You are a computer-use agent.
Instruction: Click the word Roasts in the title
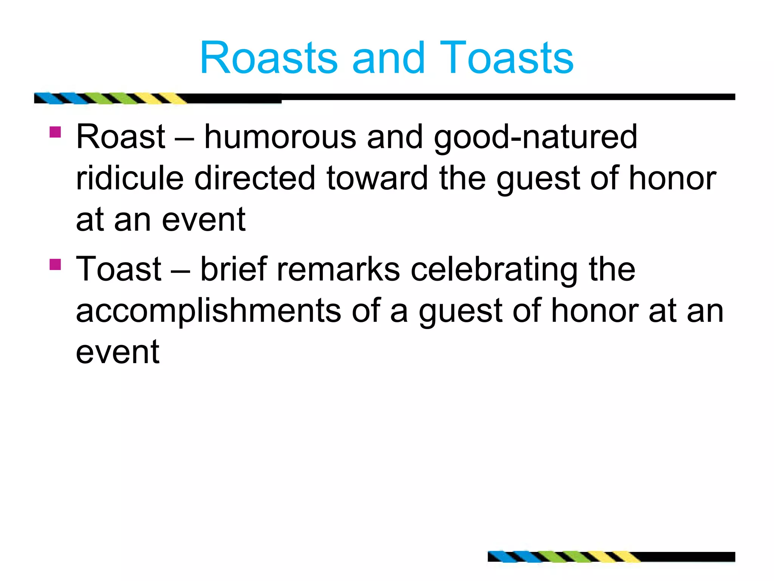pos(268,59)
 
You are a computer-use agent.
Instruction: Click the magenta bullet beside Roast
pos(55,132)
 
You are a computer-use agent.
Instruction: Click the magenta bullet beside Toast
pos(55,264)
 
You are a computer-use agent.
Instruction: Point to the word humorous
pos(280,137)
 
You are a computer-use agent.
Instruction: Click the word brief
pos(234,269)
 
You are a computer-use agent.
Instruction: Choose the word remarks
pos(338,269)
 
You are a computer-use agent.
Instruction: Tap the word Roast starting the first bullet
pos(121,137)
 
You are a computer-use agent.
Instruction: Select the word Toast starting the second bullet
pos(119,269)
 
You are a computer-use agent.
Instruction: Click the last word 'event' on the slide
pos(118,352)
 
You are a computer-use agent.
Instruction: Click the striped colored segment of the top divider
pos(110,98)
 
